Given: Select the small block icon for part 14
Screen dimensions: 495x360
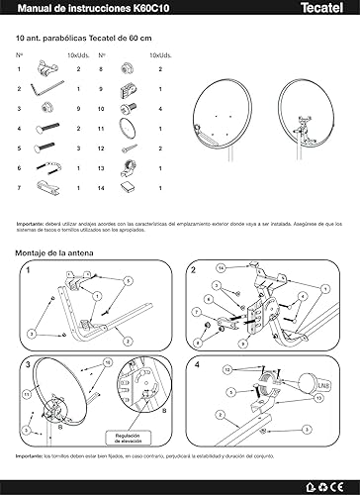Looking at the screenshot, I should pos(126,185).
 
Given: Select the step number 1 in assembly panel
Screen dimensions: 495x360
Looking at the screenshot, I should pos(29,269).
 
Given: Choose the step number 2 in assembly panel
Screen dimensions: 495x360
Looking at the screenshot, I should pos(194,269).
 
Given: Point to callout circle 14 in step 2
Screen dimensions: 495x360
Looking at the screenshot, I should pos(223,267).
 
